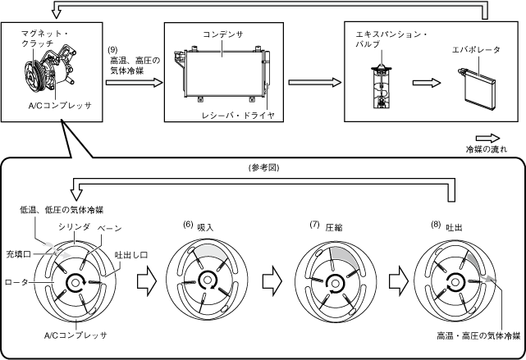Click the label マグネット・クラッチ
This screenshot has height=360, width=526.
click(x=31, y=42)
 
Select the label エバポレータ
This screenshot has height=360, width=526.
click(x=477, y=49)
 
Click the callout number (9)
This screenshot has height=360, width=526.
click(x=114, y=50)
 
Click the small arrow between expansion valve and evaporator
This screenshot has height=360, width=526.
click(x=422, y=83)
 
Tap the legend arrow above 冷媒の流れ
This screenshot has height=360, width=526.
click(x=486, y=139)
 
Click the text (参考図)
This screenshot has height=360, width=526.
click(x=263, y=167)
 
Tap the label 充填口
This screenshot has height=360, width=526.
click(x=17, y=254)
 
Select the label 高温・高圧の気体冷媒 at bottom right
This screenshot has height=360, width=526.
click(x=479, y=335)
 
